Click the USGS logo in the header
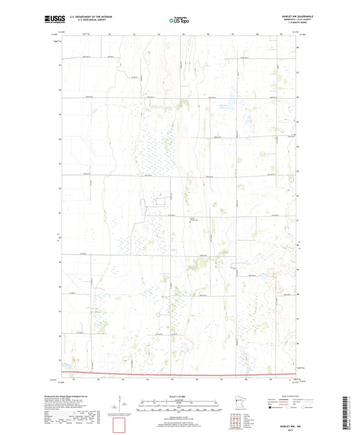[x=54, y=19]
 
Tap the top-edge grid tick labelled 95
[x=183, y=34]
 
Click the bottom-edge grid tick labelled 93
[x=123, y=379]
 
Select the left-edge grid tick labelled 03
[x=59, y=164]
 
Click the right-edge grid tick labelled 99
[x=298, y=269]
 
